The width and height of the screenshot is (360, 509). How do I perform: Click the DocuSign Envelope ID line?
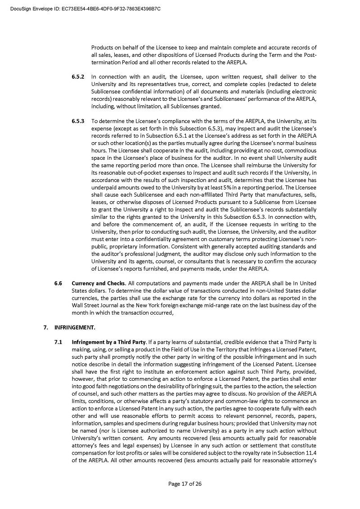(x=85, y=9)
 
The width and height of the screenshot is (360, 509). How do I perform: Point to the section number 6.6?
(x=58, y=283)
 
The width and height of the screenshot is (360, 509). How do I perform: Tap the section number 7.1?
(x=58, y=342)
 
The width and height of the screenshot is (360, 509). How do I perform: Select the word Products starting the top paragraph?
(x=103, y=47)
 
